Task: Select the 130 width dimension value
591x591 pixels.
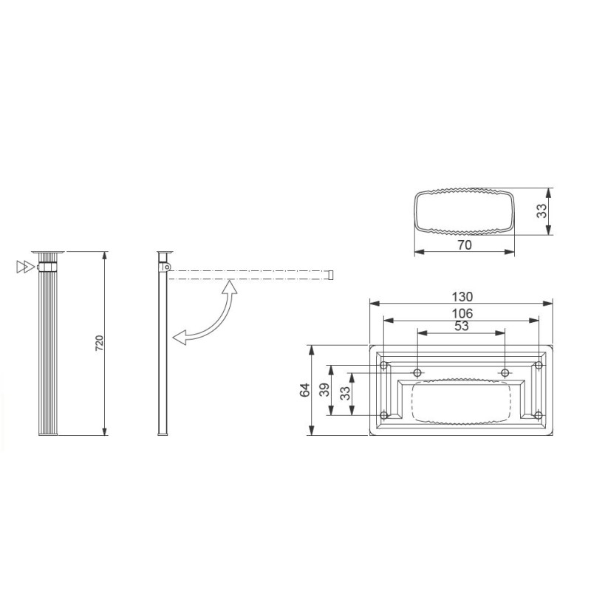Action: tap(462, 296)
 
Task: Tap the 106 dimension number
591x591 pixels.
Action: tap(462, 312)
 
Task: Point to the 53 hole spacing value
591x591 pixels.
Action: tap(462, 326)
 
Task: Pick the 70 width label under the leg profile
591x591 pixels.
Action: tap(464, 245)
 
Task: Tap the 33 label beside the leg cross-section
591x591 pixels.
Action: tap(542, 211)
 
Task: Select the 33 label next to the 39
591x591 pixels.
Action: tap(344, 394)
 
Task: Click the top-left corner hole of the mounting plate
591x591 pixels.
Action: tap(383, 366)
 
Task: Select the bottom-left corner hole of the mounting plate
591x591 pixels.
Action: tap(383, 414)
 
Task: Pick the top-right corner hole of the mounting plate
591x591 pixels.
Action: tap(539, 366)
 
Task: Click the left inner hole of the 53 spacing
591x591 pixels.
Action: tap(417, 372)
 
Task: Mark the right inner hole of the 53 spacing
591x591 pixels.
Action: tap(505, 372)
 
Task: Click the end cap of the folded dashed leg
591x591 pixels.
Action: tap(332, 276)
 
